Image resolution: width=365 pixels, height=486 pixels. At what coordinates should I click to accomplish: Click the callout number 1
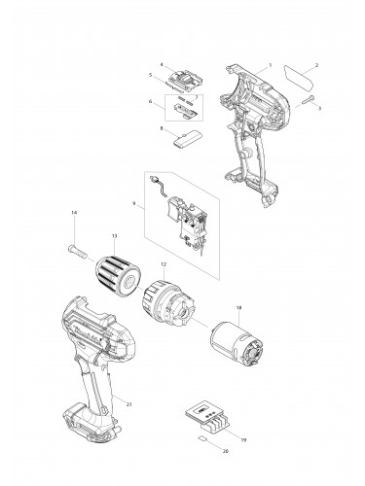tap(270, 64)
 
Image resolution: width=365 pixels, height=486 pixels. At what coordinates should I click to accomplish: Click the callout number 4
tap(162, 64)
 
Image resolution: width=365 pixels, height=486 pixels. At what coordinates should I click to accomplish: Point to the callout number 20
tap(227, 452)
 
